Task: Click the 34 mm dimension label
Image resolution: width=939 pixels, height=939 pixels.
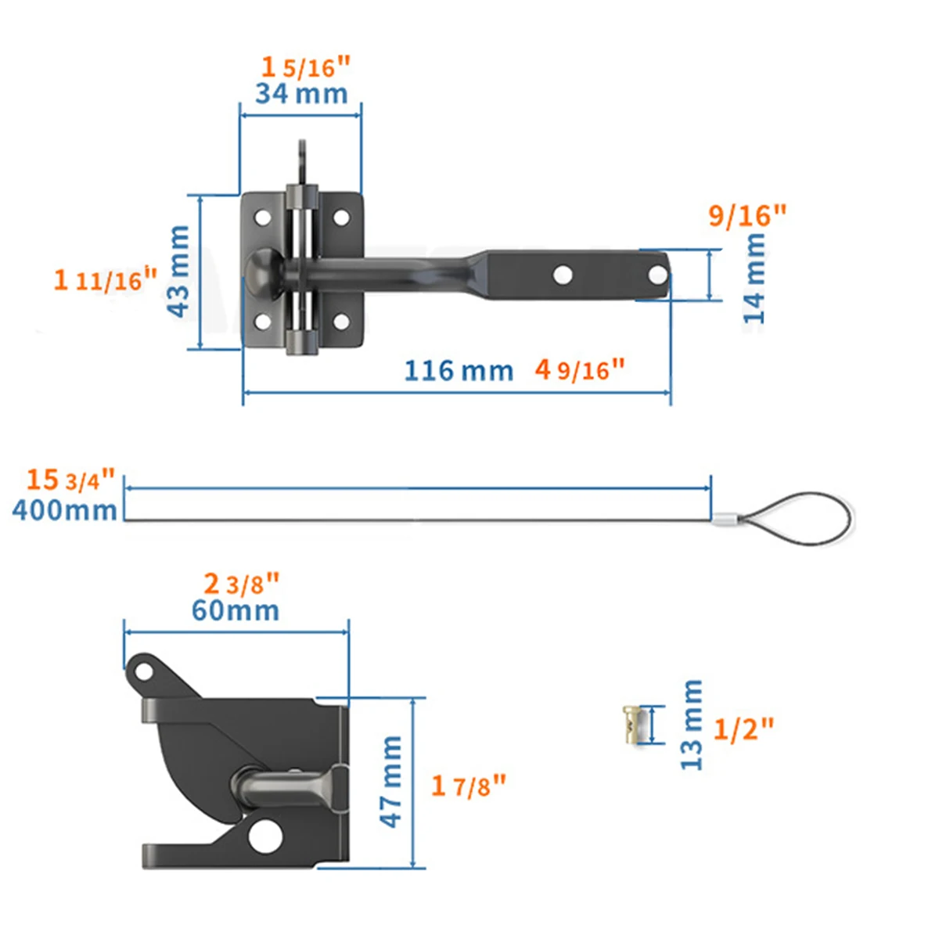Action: pyautogui.click(x=301, y=93)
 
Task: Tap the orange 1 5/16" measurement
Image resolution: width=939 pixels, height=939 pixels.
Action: pyautogui.click(x=305, y=67)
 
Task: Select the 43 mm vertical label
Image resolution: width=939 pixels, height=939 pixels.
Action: pyautogui.click(x=178, y=272)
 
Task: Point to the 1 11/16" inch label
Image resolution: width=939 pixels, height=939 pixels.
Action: pyautogui.click(x=106, y=279)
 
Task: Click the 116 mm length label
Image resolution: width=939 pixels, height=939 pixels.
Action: pyautogui.click(x=459, y=370)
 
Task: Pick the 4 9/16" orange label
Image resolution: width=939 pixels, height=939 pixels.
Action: pyautogui.click(x=579, y=369)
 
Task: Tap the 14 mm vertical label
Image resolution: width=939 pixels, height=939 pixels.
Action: pyautogui.click(x=754, y=279)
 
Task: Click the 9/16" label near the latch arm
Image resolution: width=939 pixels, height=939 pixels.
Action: pyautogui.click(x=747, y=215)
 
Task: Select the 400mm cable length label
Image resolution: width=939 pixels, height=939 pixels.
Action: pyautogui.click(x=64, y=510)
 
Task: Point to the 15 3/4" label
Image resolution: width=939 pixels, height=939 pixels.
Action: pyautogui.click(x=70, y=480)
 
